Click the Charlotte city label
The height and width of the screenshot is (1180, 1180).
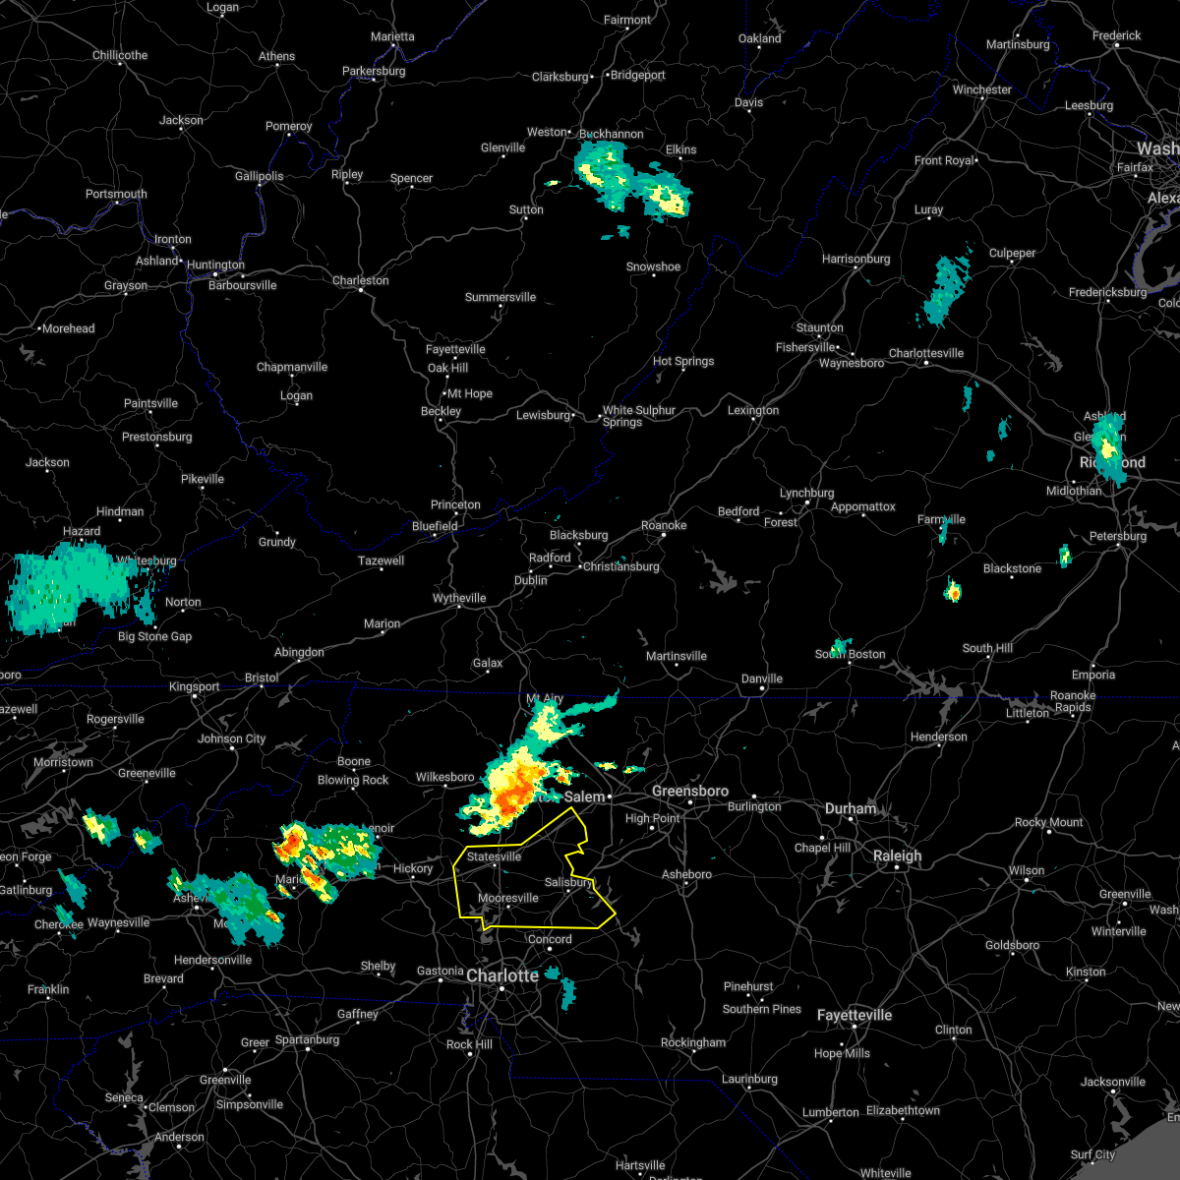[502, 975]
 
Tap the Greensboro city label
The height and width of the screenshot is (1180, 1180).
[690, 791]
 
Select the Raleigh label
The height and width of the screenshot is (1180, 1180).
[898, 855]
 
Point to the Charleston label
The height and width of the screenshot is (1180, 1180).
[360, 280]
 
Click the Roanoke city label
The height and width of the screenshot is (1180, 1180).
[664, 525]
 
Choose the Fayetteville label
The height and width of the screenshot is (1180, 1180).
[854, 1015]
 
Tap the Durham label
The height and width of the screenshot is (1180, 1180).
[851, 808]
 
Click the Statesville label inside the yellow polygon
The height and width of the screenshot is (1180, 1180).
[494, 856]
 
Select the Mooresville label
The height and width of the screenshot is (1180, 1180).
[508, 898]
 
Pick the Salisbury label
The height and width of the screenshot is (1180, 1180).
[569, 882]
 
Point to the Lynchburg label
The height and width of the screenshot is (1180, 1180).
[806, 493]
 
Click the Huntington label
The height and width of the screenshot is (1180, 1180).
[215, 265]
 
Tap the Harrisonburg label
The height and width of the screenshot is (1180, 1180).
[855, 259]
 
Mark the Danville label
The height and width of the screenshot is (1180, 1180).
[762, 678]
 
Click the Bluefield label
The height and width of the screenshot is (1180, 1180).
[435, 526]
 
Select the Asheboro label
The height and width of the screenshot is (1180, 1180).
[686, 874]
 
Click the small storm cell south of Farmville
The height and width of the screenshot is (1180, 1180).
[953, 591]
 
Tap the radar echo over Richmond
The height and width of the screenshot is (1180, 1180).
[1109, 447]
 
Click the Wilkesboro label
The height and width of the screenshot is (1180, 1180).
[444, 777]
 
